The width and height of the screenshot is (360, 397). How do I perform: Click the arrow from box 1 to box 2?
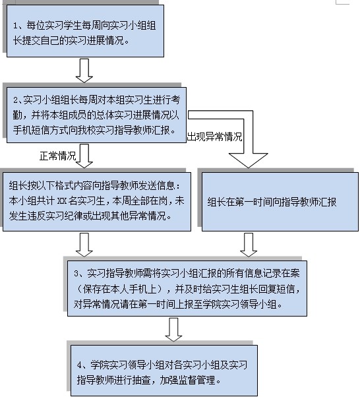pyautogui.click(x=84, y=71)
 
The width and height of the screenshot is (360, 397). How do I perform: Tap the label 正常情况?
pyautogui.click(x=58, y=156)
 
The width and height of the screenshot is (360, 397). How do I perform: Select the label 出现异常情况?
pyautogui.click(x=215, y=137)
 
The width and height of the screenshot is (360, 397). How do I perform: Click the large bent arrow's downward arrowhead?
pyautogui.click(x=248, y=160)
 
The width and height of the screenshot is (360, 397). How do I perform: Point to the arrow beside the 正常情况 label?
pyautogui.click(x=84, y=156)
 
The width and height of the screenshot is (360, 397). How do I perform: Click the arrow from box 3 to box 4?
pyautogui.click(x=173, y=330)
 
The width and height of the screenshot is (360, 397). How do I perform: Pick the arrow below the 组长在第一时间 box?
pyautogui.click(x=249, y=245)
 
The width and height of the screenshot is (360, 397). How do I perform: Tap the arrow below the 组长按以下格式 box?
pyautogui.click(x=84, y=245)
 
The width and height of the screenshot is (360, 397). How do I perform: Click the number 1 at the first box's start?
pyautogui.click(x=15, y=26)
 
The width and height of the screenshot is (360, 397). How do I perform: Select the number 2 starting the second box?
pyautogui.click(x=16, y=100)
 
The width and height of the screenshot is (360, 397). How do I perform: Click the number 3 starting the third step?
pyautogui.click(x=76, y=274)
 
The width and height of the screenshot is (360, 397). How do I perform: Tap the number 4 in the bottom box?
pyautogui.click(x=80, y=365)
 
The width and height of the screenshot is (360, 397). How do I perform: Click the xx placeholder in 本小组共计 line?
pyautogui.click(x=61, y=201)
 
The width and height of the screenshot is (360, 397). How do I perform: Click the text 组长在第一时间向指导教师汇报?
pyautogui.click(x=272, y=202)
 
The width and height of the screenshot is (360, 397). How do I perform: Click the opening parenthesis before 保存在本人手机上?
pyautogui.click(x=78, y=289)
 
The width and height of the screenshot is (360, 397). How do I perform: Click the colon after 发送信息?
pyautogui.click(x=179, y=187)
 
